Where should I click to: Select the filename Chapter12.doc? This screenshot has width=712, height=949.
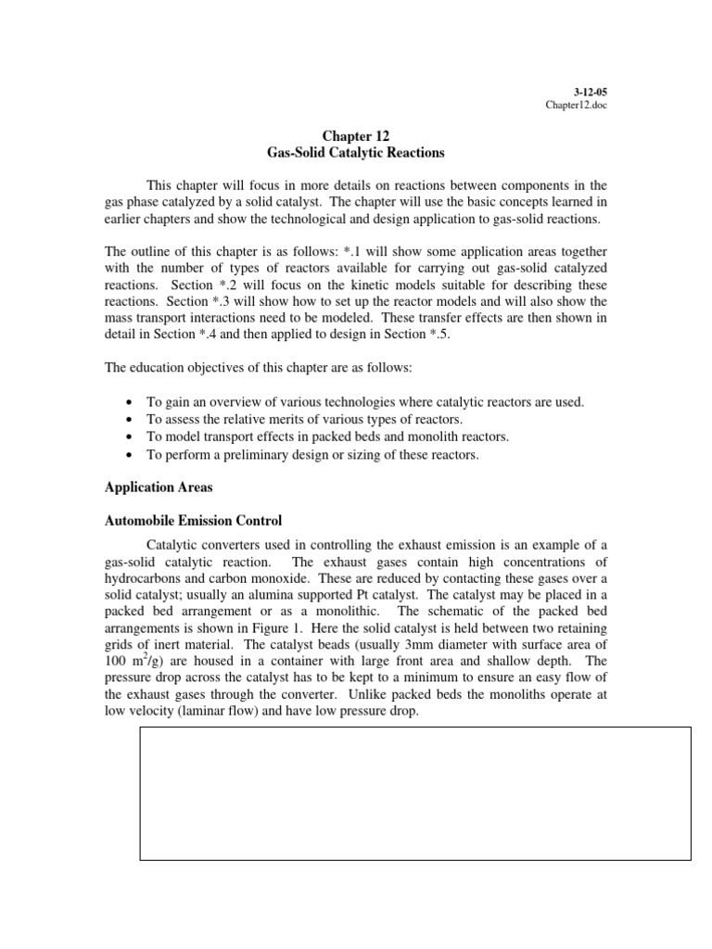(x=576, y=105)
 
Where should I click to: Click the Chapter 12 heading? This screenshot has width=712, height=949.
(x=355, y=134)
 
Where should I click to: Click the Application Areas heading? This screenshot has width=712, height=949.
(x=155, y=487)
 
